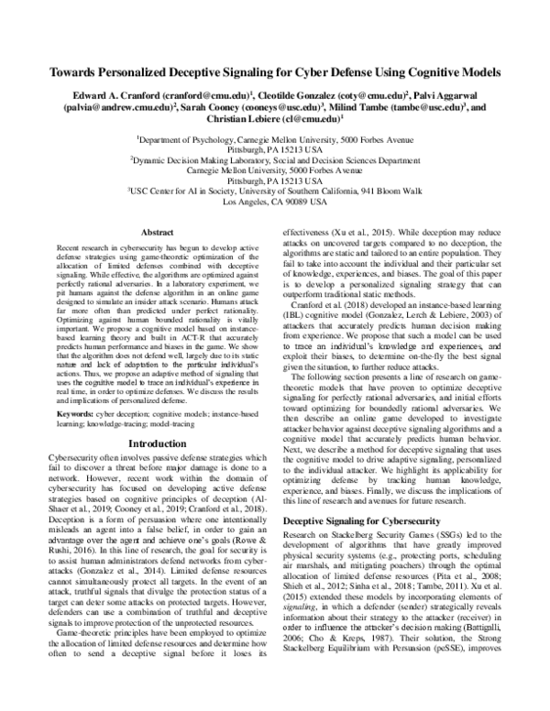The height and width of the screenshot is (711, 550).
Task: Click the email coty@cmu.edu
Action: click(367, 94)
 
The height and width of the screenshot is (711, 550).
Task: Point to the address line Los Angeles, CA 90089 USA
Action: click(275, 200)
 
